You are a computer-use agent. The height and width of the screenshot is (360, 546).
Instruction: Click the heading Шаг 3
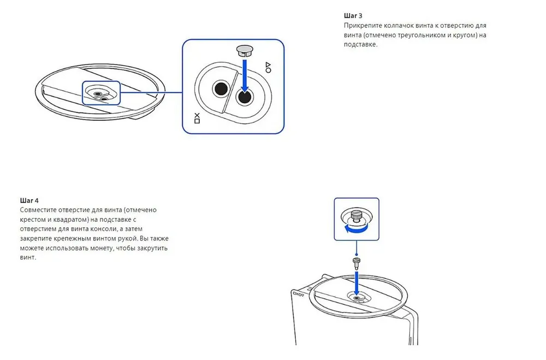click(x=353, y=15)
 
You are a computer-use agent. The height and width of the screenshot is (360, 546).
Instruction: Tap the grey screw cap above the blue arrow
click(x=244, y=50)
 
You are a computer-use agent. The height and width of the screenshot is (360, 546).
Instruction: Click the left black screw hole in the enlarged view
click(x=221, y=88)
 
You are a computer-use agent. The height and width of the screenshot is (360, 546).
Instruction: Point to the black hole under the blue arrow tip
click(x=244, y=96)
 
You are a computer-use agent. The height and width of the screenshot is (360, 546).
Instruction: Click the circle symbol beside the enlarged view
click(x=268, y=71)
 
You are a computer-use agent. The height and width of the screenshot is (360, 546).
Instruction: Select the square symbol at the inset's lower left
click(x=197, y=121)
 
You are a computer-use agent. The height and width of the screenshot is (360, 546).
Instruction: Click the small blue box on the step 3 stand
click(x=101, y=93)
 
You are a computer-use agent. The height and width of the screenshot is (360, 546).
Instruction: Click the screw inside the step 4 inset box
click(x=357, y=217)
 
